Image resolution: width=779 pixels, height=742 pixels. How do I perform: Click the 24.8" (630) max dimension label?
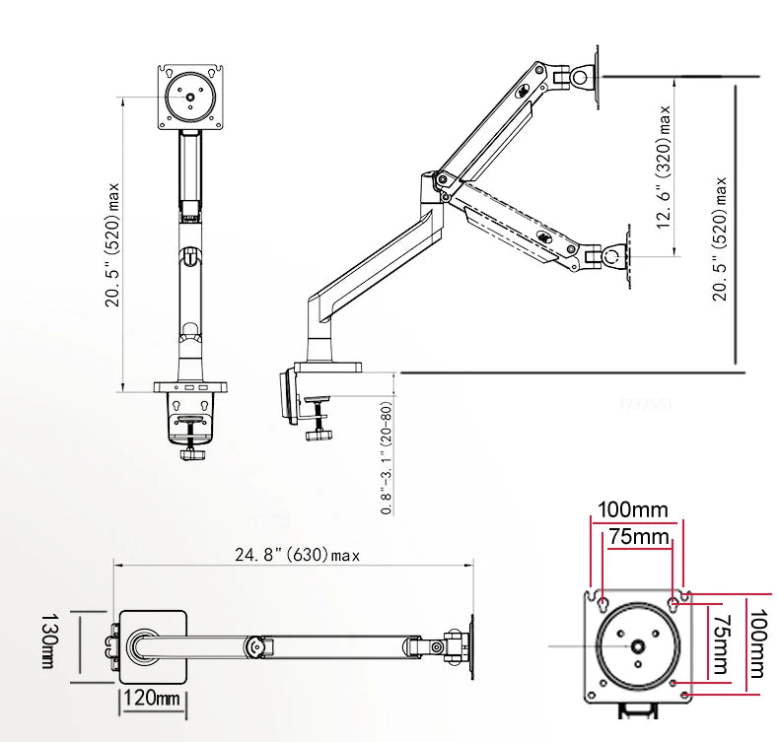[297, 554]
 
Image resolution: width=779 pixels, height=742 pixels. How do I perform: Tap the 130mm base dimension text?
[47, 641]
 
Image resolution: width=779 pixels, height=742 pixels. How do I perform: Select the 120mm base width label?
[152, 698]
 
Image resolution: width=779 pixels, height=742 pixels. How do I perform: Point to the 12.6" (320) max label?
[664, 167]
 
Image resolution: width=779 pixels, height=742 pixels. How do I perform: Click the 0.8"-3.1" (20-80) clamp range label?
[387, 457]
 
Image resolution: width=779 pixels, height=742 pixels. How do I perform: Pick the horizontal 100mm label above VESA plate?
[632, 509]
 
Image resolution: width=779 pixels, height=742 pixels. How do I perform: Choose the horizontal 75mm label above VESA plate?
[639, 536]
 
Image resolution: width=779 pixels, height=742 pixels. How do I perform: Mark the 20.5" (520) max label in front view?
[112, 244]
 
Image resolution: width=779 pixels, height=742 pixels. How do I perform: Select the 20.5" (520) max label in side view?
[720, 238]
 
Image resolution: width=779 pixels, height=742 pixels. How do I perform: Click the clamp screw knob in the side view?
[318, 435]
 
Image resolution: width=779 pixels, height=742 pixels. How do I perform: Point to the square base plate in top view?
[153, 646]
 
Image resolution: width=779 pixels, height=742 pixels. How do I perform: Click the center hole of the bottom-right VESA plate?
[638, 646]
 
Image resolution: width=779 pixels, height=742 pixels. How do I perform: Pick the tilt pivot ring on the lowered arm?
[611, 256]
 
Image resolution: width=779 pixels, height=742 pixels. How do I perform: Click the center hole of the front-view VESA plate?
[190, 97]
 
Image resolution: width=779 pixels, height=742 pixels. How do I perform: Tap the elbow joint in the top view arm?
[256, 646]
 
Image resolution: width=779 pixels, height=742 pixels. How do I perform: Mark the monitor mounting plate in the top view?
[471, 646]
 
